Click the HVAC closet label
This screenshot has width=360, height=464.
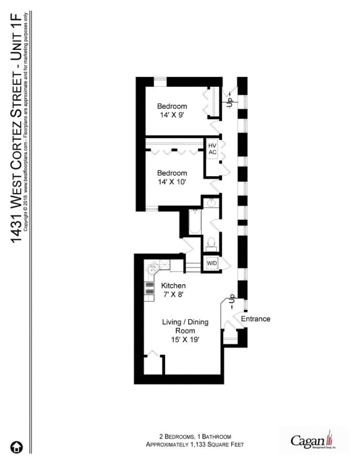coord(212,149)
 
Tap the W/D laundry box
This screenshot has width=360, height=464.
coord(212,262)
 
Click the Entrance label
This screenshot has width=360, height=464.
coord(256,319)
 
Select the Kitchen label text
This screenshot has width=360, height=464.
coord(173,285)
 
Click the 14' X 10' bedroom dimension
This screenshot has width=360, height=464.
coord(172,182)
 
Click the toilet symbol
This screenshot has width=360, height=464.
coord(211,242)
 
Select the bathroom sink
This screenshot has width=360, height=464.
coord(211,203)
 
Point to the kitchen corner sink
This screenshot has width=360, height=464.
coord(152,269)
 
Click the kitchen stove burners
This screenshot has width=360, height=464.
coord(150,287)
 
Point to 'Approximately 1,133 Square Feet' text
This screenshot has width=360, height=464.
coord(194,445)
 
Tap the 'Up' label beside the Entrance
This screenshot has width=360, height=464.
coord(231,299)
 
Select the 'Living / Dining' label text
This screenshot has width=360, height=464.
coord(185,322)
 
